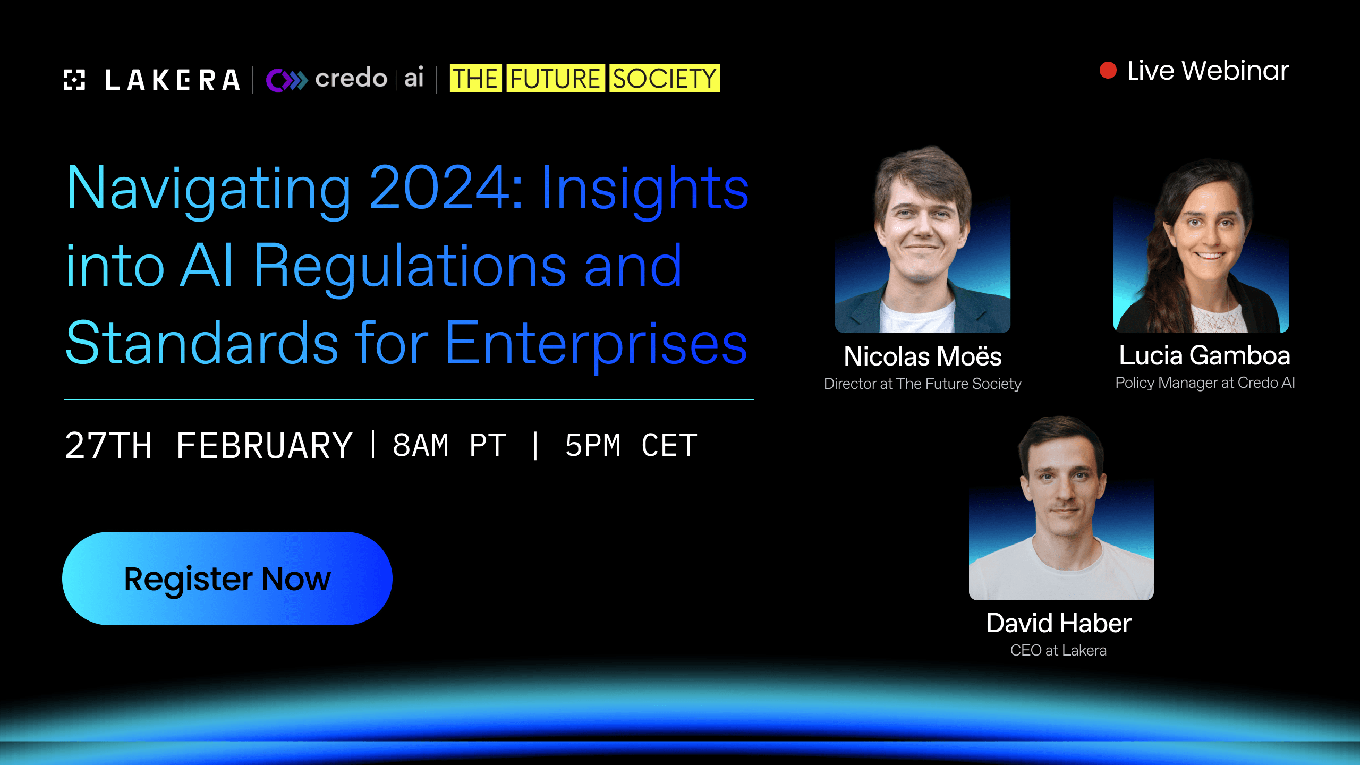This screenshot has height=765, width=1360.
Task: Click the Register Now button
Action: click(227, 579)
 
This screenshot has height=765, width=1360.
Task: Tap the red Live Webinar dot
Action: click(1108, 71)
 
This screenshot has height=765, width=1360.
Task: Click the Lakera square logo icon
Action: click(74, 80)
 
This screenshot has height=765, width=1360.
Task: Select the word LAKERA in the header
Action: click(172, 81)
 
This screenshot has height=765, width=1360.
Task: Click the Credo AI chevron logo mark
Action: click(287, 80)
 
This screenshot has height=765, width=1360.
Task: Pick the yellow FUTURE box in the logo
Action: click(555, 79)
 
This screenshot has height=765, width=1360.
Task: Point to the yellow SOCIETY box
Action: click(664, 79)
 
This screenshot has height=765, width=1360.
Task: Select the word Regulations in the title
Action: click(410, 266)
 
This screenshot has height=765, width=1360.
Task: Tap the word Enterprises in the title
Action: click(596, 343)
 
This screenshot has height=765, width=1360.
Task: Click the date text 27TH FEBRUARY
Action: click(209, 445)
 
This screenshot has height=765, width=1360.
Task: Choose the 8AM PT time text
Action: click(449, 445)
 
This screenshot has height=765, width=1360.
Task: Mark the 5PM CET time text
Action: click(631, 445)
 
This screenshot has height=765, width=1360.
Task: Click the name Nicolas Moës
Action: click(923, 356)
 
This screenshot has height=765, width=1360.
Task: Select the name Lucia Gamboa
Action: click(1204, 355)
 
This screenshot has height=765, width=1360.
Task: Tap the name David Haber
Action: click(1059, 623)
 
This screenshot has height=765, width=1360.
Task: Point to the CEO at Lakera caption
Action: click(1058, 650)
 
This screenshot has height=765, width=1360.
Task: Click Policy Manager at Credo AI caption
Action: click(1205, 382)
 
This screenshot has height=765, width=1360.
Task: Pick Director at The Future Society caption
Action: click(923, 384)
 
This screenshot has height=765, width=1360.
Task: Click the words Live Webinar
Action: click(1208, 71)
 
